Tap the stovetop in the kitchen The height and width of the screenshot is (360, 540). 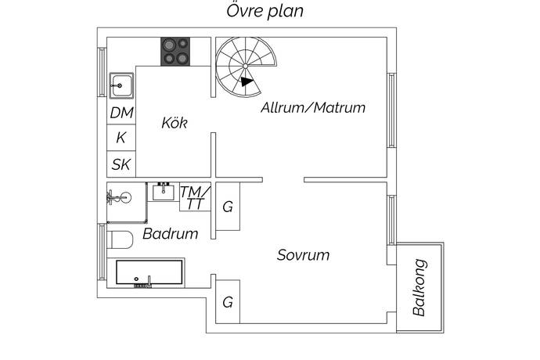click(177, 52)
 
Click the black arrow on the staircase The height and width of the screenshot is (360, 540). click(247, 81)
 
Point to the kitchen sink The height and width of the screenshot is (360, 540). click(121, 83)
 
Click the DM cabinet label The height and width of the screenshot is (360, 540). click(121, 113)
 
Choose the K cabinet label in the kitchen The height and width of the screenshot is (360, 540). click(121, 138)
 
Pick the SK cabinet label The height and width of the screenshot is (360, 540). click(121, 164)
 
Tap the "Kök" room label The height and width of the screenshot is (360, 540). click(174, 123)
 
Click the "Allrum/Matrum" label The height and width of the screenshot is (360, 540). click(313, 108)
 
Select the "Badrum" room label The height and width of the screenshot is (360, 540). click(170, 233)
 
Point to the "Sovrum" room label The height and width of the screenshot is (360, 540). click(303, 255)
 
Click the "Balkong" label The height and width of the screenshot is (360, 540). click(420, 287)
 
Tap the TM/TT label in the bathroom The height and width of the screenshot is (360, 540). click(194, 198)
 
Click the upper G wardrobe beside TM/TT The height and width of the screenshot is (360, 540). click(228, 207)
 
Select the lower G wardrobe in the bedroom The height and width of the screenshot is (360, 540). click(228, 302)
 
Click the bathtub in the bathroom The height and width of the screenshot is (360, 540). click(149, 273)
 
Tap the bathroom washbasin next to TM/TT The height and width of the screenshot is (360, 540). click(164, 191)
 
